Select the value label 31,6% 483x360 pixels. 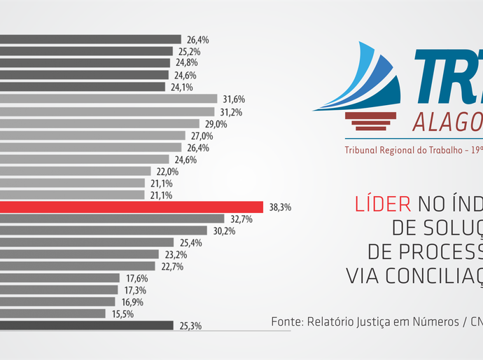coord(234,99)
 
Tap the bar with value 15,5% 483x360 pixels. coord(53,313)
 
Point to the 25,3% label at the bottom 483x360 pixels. coord(190,326)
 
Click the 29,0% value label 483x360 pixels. coord(216,124)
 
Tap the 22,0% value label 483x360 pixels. coord(167,172)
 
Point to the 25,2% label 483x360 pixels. coord(189,51)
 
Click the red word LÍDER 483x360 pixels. coord(384,204)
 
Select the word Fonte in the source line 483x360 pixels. coord(287,322)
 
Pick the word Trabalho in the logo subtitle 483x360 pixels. coord(438,151)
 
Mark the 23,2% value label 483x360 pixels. coord(175,254)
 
